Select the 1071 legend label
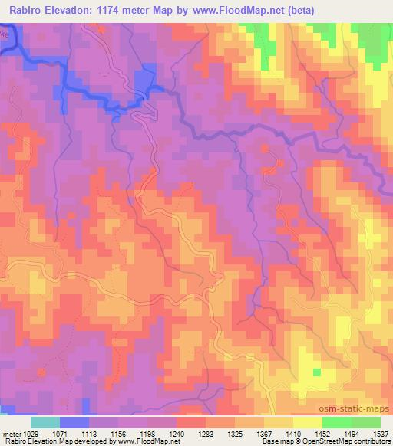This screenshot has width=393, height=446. pos(62,433)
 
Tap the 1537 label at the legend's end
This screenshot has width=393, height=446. pos(381,433)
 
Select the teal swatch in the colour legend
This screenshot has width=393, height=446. pos(45,422)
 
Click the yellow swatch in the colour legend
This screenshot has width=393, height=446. pos(306,422)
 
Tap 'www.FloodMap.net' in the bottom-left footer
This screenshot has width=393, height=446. pos(139,441)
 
